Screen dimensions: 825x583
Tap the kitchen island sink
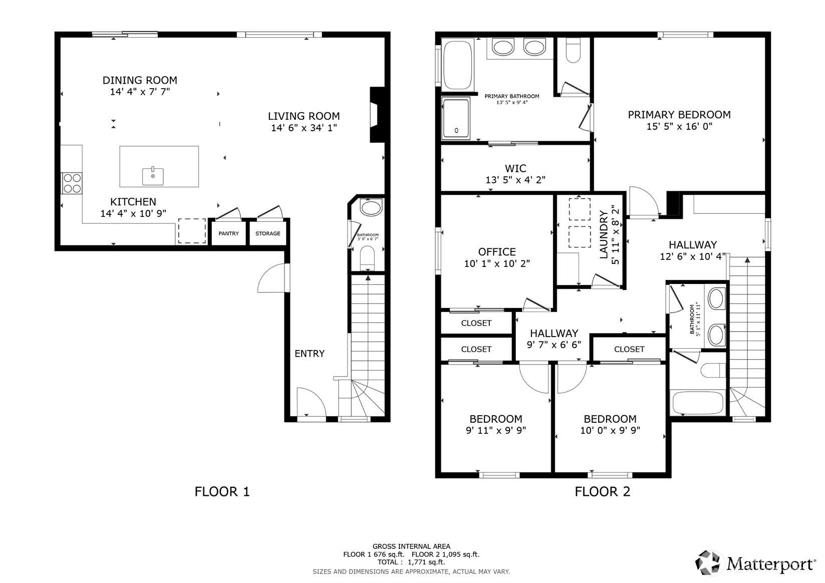tap(153, 176)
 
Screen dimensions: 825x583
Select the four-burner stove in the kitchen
tap(72, 183)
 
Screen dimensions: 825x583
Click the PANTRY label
tap(229, 233)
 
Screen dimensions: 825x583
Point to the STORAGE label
tap(268, 233)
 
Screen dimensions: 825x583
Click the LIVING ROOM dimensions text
tap(304, 128)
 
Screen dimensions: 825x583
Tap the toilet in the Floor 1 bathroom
tap(367, 258)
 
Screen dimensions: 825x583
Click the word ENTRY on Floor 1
tap(310, 354)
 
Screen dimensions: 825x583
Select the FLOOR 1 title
tap(222, 492)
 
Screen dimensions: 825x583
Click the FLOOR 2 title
tap(603, 492)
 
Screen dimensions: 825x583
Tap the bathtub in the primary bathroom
tap(457, 65)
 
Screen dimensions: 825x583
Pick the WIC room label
tap(515, 168)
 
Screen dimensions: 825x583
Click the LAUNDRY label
tap(604, 234)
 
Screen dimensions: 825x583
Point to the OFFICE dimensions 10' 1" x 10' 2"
tap(497, 263)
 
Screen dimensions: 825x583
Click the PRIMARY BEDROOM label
tap(679, 115)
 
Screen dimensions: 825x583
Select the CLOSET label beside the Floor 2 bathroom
tap(629, 349)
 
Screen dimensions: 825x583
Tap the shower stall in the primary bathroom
tap(456, 119)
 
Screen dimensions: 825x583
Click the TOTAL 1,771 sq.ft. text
tap(411, 562)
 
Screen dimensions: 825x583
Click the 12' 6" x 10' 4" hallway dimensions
tap(693, 256)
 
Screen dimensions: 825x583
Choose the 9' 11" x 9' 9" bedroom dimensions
tap(496, 430)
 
